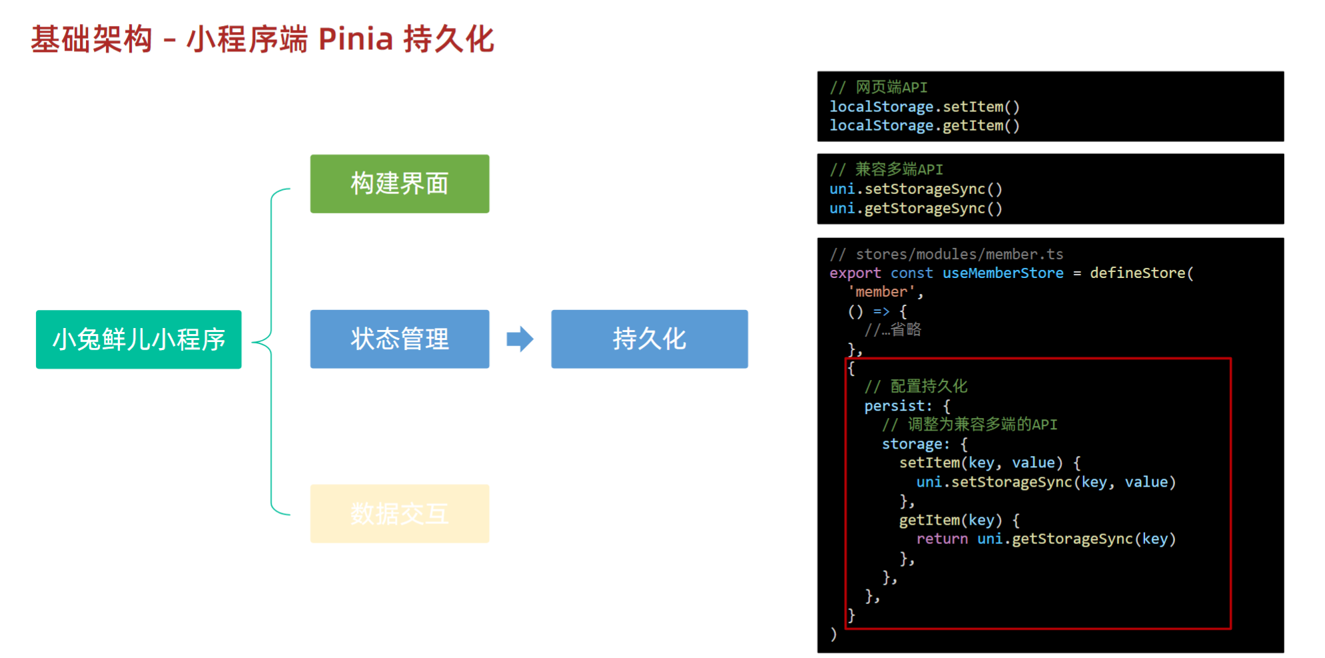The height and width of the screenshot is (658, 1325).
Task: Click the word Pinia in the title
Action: (x=356, y=39)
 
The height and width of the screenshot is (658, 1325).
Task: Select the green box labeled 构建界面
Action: (x=400, y=184)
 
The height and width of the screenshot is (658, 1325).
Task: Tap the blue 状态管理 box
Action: (x=400, y=339)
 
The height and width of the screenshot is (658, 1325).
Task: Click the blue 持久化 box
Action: (x=649, y=339)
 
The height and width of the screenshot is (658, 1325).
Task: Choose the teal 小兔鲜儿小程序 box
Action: (x=139, y=339)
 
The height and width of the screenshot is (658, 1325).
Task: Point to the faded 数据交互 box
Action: (x=400, y=513)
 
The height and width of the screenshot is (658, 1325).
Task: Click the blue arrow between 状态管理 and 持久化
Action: (x=520, y=339)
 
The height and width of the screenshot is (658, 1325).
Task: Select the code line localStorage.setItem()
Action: (x=924, y=107)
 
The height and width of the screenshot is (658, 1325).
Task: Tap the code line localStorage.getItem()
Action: (x=924, y=125)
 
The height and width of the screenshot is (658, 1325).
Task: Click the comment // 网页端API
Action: (x=878, y=87)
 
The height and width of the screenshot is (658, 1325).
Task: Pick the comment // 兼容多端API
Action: (x=886, y=169)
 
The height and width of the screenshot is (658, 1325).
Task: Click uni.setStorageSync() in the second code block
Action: (x=915, y=189)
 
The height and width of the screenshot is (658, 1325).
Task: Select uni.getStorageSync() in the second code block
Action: (x=915, y=208)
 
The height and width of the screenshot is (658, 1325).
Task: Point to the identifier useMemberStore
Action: (x=1003, y=273)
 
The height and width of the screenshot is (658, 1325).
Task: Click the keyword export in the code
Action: (x=855, y=273)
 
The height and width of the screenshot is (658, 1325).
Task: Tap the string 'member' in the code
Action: (x=881, y=291)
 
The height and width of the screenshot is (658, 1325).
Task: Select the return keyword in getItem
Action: (x=941, y=539)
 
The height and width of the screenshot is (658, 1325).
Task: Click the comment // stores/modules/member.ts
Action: (x=946, y=254)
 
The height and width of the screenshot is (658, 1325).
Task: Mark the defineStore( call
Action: (x=1141, y=273)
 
